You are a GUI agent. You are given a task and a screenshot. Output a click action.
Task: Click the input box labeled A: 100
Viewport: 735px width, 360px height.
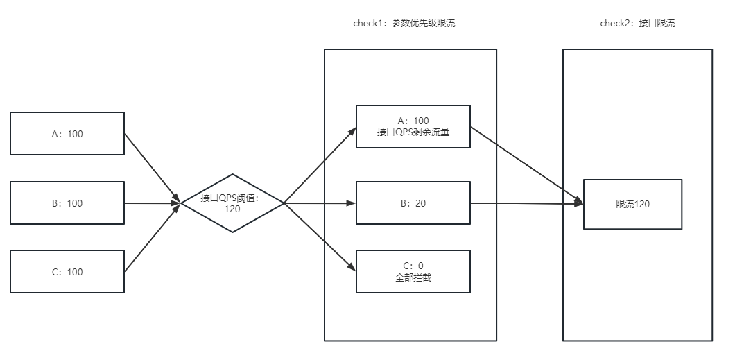click(67, 134)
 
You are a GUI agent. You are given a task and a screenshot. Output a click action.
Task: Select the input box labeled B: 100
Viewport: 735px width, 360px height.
click(67, 203)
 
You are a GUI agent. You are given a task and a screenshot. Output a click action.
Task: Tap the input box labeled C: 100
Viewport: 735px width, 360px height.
click(67, 272)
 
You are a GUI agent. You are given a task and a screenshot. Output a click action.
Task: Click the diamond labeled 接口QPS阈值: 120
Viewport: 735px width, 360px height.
click(232, 203)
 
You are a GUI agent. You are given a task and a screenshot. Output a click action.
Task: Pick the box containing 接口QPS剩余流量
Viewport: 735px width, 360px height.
click(413, 126)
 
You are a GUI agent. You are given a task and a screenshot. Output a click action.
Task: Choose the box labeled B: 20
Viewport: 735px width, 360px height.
click(413, 203)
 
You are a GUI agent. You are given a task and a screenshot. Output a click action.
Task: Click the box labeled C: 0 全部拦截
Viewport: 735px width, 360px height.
click(413, 272)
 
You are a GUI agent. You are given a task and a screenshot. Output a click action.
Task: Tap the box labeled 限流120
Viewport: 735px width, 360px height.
click(632, 205)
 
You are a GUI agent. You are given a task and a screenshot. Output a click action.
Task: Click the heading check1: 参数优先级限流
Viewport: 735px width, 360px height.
click(404, 24)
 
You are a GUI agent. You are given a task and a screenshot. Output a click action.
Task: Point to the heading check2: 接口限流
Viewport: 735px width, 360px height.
click(637, 24)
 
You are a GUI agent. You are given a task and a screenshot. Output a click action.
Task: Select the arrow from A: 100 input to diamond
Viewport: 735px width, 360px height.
click(153, 169)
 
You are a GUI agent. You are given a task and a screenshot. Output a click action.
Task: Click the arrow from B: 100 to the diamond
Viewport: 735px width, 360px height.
click(153, 203)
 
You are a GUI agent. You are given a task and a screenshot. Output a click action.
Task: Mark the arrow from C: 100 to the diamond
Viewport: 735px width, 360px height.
click(153, 238)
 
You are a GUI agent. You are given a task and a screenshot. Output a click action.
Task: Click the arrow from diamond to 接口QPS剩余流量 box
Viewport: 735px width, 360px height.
click(320, 165)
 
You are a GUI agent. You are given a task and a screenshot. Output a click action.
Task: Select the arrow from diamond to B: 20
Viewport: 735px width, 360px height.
click(320, 203)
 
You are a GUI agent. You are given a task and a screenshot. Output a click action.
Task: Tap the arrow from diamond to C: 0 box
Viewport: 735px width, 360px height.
click(320, 237)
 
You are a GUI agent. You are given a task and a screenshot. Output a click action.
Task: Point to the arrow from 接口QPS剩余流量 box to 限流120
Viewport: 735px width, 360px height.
click(527, 165)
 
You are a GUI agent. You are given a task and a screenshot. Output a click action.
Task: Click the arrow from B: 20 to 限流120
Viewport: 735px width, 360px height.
click(527, 203)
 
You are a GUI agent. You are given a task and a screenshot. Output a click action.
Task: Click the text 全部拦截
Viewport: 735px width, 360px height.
click(413, 277)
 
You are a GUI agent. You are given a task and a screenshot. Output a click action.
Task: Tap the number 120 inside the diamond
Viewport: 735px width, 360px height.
click(232, 209)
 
